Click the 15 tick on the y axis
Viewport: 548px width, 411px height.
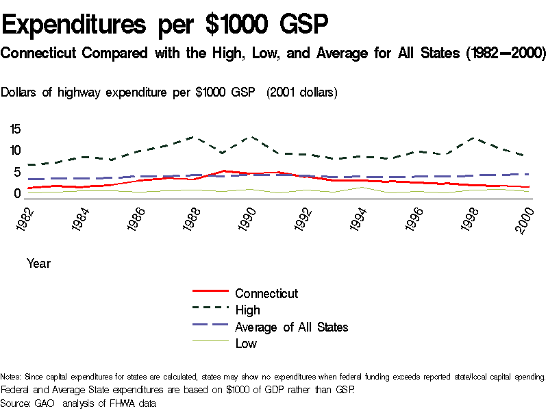15,129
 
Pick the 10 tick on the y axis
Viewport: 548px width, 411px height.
15,151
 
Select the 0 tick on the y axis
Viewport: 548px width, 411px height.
18,194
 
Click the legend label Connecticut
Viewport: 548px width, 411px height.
266,293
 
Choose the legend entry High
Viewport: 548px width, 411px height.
247,310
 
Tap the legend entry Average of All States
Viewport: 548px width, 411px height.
291,327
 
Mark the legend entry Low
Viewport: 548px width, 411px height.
246,343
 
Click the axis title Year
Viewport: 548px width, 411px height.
38,262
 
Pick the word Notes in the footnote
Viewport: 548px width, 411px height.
11,377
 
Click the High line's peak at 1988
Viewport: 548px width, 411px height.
192,137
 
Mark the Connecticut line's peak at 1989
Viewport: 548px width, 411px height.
223,171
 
